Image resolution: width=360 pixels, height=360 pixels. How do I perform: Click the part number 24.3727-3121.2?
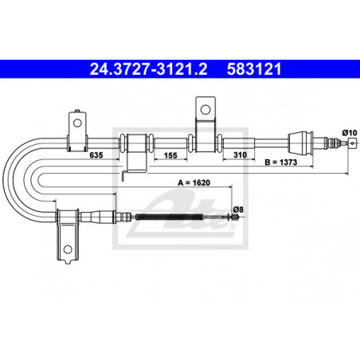149,69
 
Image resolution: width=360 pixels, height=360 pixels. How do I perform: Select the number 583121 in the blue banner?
254,69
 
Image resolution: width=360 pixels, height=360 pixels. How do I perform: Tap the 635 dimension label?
96,155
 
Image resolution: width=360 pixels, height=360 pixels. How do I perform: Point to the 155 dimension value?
170,155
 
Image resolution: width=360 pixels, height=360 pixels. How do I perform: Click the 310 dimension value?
240,155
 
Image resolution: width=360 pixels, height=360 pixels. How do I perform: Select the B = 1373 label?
281,162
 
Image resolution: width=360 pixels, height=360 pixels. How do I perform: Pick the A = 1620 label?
194,182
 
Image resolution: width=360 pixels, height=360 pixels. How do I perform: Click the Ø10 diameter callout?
350,132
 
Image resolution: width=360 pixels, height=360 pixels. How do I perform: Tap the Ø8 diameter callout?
238,209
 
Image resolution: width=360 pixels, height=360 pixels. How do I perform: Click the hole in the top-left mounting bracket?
77,123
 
